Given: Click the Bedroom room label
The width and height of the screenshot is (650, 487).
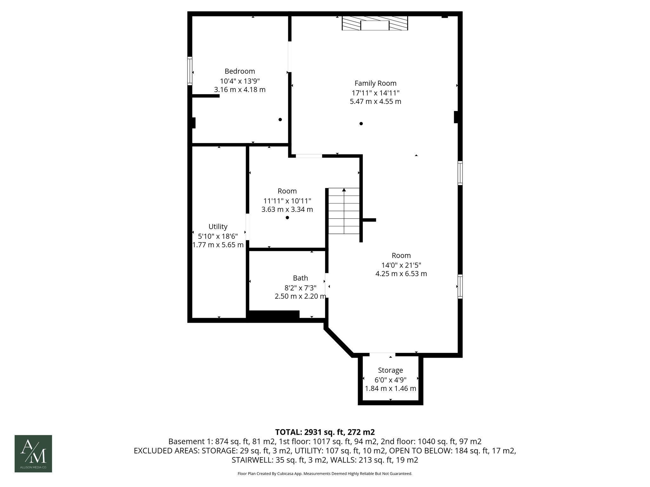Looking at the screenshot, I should (240, 71).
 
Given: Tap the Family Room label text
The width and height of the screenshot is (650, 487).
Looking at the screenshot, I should (375, 83).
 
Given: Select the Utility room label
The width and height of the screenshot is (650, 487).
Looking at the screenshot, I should (218, 227).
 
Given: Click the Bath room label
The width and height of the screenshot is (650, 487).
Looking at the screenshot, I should (300, 278).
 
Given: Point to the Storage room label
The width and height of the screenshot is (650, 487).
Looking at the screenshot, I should (390, 370).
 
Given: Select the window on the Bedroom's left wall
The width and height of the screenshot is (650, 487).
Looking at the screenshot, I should (190, 71).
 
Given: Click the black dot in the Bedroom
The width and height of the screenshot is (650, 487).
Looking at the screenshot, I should (280, 120).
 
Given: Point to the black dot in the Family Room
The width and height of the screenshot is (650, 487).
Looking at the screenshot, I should (361, 124).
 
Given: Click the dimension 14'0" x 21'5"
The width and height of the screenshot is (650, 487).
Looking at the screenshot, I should (401, 265).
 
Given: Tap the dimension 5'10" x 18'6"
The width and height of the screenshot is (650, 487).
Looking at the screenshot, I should (218, 236).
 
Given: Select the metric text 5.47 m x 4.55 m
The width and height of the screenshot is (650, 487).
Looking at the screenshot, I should (375, 101).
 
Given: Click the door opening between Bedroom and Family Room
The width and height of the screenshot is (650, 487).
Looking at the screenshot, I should (289, 56).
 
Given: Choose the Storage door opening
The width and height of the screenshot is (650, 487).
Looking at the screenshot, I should (382, 354).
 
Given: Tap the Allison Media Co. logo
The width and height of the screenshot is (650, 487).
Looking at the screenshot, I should (33, 453).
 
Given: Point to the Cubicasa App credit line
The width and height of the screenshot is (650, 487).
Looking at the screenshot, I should (325, 474).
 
